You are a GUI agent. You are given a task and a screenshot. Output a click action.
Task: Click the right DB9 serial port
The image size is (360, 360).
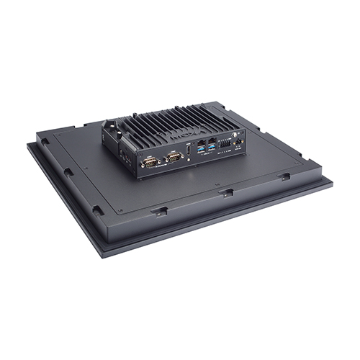tap(174, 157)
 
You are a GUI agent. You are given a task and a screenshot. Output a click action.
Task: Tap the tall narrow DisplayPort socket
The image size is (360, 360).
tap(189, 151)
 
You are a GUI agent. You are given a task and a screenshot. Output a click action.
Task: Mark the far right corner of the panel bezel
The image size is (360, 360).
tap(333, 181)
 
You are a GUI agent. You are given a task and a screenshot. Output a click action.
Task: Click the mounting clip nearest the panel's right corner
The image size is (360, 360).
tap(285, 176)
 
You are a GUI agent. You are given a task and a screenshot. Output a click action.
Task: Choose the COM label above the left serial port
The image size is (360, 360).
tap(148, 156)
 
